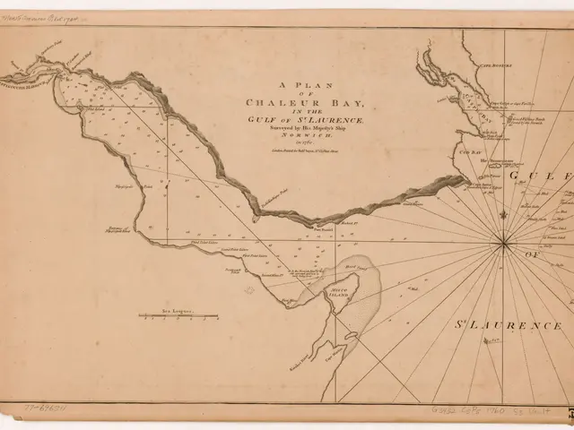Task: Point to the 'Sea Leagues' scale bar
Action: pyautogui.click(x=178, y=315)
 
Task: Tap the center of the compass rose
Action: pyautogui.click(x=504, y=241)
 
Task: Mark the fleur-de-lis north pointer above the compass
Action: pyautogui.click(x=504, y=215)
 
